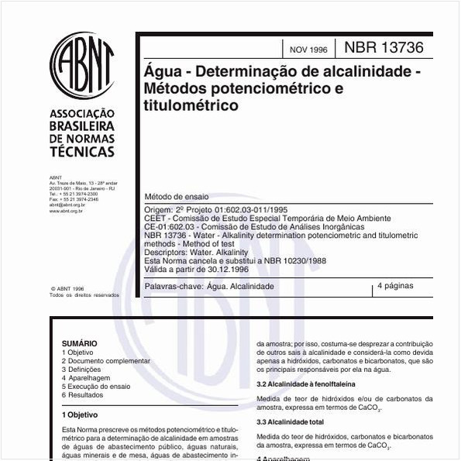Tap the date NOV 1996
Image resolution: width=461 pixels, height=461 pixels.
[308, 50]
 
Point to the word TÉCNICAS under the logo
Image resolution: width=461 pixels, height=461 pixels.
[81, 152]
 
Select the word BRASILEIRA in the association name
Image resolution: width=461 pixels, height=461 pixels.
[81, 126]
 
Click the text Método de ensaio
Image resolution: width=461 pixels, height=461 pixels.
[177, 198]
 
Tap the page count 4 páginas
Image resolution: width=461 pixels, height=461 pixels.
[395, 286]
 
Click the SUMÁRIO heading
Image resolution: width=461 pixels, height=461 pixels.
[80, 343]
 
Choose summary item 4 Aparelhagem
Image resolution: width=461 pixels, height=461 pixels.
[86, 377]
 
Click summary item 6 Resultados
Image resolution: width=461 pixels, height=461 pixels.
[82, 395]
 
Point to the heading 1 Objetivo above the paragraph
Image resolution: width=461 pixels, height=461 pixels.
[80, 415]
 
